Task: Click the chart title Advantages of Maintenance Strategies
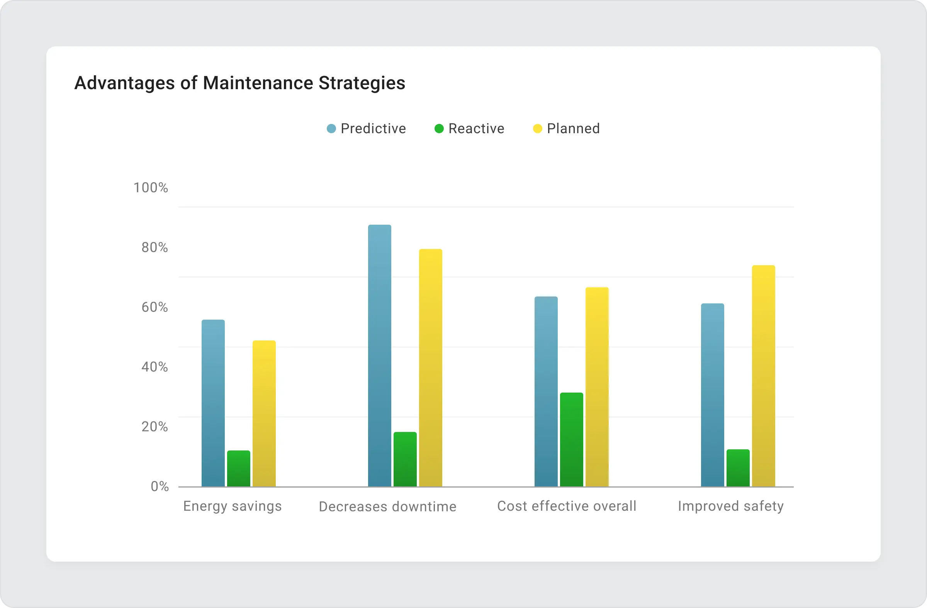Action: [x=239, y=83]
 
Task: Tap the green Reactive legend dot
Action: [x=439, y=129]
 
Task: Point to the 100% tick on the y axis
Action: [x=151, y=188]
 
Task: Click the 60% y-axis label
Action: [x=154, y=307]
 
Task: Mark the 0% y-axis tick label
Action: [x=160, y=486]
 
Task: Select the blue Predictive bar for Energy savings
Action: [x=213, y=403]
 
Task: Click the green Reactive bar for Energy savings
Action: [x=238, y=468]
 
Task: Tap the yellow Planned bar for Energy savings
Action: [x=264, y=413]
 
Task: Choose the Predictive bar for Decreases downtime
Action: [x=379, y=356]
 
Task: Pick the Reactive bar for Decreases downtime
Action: [x=405, y=459]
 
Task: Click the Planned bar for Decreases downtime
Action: [x=430, y=368]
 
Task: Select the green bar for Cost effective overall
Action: [x=571, y=439]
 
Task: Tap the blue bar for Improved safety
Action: [x=712, y=395]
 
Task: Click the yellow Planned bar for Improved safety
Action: [x=763, y=376]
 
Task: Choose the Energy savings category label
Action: [x=233, y=506]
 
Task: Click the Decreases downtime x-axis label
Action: [x=387, y=506]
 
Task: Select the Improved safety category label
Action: [x=731, y=506]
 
